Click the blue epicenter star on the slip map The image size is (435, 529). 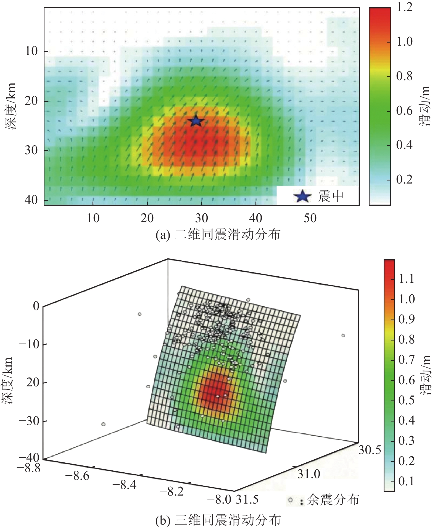point(196,121)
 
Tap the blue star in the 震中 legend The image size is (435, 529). point(302,196)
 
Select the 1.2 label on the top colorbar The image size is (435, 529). point(405,7)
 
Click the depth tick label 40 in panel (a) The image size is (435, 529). point(31,200)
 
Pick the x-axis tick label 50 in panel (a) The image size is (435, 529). point(310,218)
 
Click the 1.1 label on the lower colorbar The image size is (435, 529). point(406,279)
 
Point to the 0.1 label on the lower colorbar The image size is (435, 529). point(406,481)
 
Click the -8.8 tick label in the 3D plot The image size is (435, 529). point(29,468)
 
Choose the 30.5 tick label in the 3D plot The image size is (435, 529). point(370,450)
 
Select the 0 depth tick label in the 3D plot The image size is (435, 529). point(36,306)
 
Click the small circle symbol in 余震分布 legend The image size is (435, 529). point(290,500)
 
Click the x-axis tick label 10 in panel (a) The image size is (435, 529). point(93,218)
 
